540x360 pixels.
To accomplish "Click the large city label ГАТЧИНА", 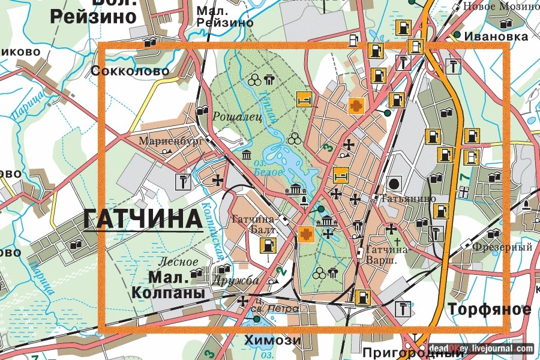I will (x=143, y=220).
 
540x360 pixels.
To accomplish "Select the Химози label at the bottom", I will (x=272, y=340).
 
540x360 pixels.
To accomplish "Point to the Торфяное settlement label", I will (x=489, y=309).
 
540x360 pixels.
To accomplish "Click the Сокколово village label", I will (x=130, y=71).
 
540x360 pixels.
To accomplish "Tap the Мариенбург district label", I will (x=164, y=142).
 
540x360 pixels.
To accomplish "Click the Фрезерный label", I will (x=503, y=247).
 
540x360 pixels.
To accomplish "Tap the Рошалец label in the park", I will (x=237, y=117).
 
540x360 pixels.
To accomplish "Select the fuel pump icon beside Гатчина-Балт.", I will (x=268, y=245).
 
